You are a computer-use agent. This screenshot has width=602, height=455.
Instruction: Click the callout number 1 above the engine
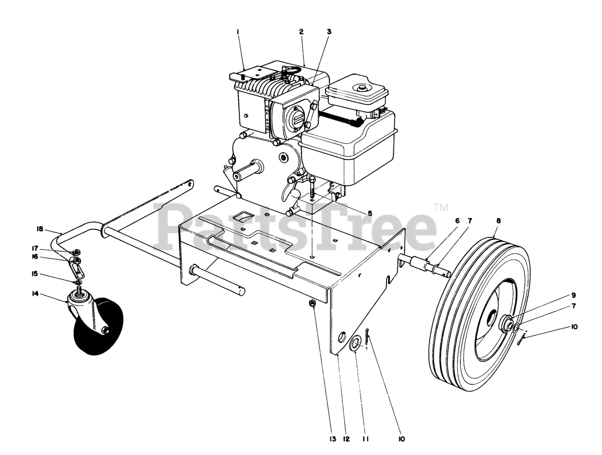pos(238,32)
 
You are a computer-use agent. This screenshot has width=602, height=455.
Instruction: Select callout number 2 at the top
pos(301,32)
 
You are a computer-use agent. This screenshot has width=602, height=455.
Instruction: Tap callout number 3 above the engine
pos(329,32)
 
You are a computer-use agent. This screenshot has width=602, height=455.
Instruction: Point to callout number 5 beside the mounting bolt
pos(370,213)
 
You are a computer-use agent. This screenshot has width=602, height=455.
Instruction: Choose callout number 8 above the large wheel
pos(498,220)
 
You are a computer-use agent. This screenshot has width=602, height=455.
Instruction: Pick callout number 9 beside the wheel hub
pos(573,295)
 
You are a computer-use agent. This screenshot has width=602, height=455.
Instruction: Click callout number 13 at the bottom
pos(333,439)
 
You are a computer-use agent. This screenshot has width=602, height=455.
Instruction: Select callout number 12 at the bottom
pos(347,439)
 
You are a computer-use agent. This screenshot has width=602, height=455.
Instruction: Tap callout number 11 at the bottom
pos(365,439)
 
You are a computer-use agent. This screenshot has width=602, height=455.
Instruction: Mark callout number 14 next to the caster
pos(48,294)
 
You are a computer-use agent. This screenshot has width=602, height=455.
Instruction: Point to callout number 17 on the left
pos(48,249)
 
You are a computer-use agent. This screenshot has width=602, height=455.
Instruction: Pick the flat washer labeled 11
pos(356,343)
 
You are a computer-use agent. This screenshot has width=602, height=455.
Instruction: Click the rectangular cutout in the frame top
pos(244,216)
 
